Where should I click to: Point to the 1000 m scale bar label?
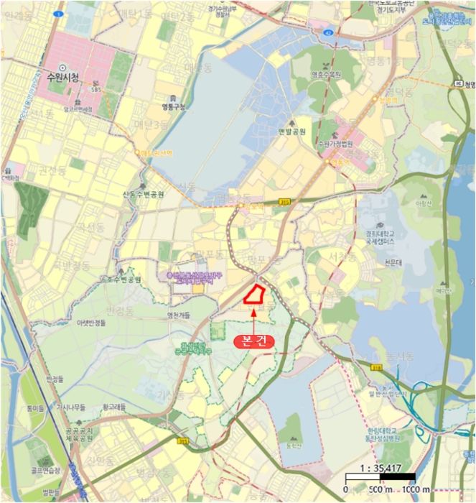[416, 489]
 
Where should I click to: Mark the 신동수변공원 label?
[144, 194]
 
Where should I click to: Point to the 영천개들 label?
[179, 315]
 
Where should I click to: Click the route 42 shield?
[327, 32]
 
